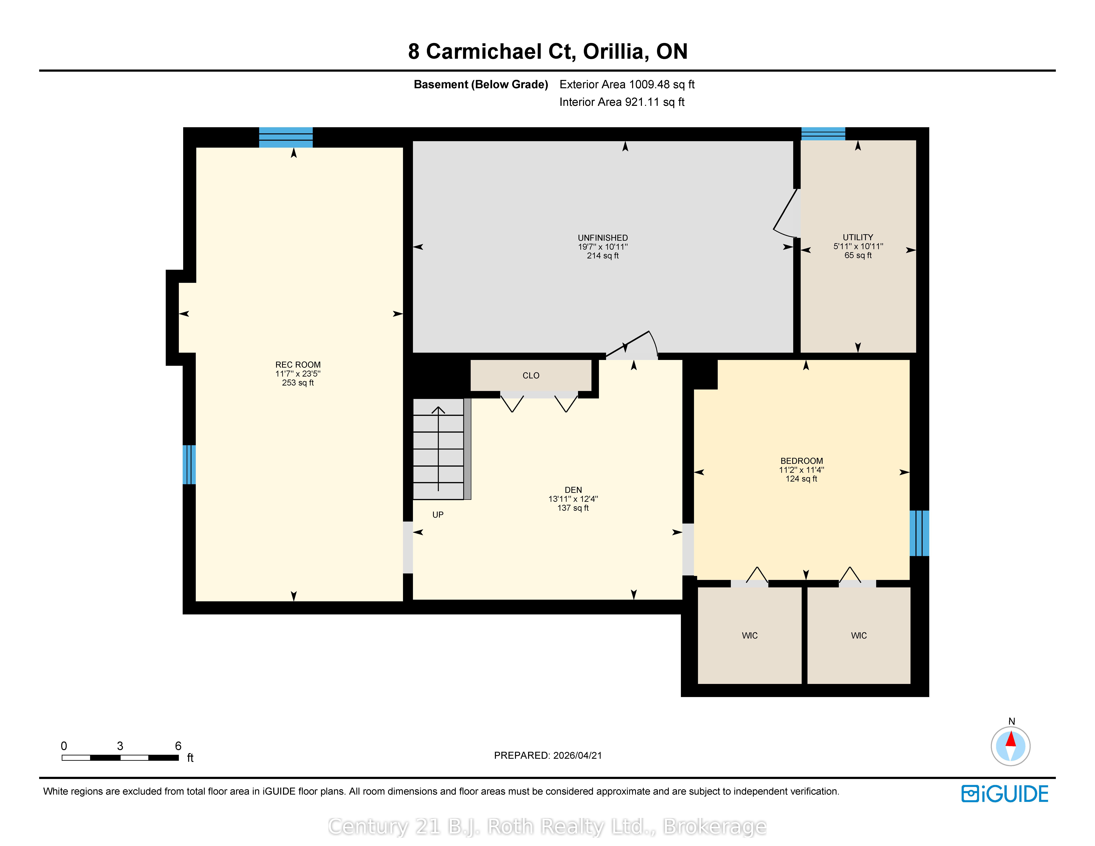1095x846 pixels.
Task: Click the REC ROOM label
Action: (298, 365)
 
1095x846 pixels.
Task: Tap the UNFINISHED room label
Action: (603, 238)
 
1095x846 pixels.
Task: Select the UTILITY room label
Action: (858, 238)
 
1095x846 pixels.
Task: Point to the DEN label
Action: (573, 490)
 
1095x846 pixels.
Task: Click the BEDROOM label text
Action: (802, 461)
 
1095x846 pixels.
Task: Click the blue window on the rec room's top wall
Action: (286, 137)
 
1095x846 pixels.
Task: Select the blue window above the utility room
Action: (823, 134)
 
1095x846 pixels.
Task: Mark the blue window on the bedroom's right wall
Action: (919, 533)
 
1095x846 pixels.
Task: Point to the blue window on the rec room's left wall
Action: (189, 465)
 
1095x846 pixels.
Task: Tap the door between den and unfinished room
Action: (632, 346)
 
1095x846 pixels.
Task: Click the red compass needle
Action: (1011, 739)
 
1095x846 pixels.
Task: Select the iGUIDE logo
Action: (1005, 794)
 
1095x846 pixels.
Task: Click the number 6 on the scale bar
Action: (178, 746)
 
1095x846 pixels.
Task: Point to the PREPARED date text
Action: (547, 755)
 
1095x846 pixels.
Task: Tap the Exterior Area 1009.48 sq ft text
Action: (627, 84)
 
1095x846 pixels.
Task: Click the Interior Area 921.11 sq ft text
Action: (622, 102)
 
